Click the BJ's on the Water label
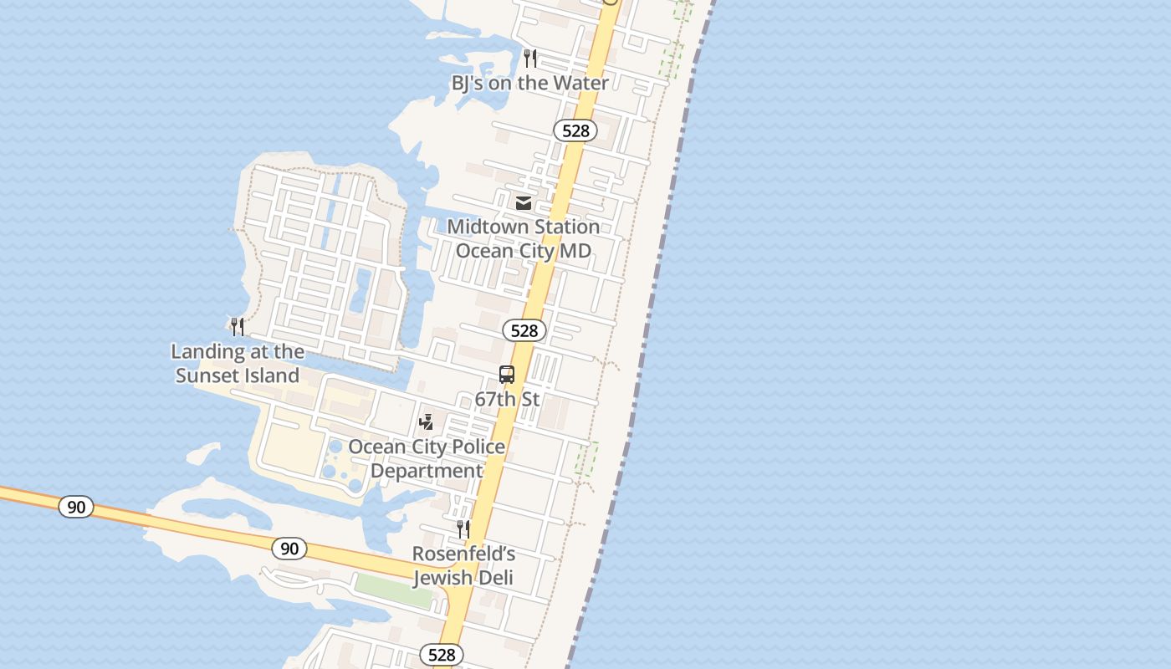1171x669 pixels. (529, 83)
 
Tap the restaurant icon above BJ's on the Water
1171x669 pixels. (530, 58)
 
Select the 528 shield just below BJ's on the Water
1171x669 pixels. (575, 130)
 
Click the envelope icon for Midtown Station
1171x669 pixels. (524, 202)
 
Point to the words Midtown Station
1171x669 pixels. (523, 227)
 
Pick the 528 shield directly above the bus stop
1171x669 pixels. (524, 330)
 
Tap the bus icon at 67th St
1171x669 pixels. (507, 375)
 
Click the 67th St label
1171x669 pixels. (507, 399)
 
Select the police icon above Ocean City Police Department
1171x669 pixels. (427, 421)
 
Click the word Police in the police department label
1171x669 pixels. (474, 447)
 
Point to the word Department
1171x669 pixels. (427, 471)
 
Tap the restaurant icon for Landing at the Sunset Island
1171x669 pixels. (238, 326)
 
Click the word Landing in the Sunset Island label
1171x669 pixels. (208, 351)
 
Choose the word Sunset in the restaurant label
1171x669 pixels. (209, 375)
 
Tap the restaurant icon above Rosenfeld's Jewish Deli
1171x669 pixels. (463, 529)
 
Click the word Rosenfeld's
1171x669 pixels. (463, 554)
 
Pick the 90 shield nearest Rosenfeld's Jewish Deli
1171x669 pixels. (289, 549)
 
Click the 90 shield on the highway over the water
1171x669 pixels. (76, 507)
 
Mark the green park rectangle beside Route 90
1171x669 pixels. (393, 591)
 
